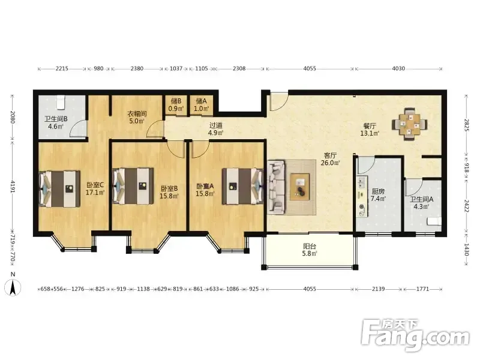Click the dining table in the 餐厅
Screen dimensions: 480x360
[x=410, y=124]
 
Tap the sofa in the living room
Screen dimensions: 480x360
[x=277, y=187]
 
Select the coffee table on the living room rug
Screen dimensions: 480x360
[x=299, y=187]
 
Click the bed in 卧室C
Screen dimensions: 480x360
[x=59, y=189]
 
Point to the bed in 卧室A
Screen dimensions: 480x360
[x=243, y=186]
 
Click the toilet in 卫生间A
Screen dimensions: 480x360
[x=434, y=221]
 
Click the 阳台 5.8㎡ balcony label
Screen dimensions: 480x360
[x=310, y=250]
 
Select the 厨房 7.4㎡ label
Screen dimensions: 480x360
[x=378, y=194]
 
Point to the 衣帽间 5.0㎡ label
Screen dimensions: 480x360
[x=137, y=117]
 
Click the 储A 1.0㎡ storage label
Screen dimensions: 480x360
[x=201, y=104]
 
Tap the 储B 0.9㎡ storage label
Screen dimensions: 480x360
[x=176, y=104]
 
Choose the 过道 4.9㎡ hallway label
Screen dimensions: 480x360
[x=216, y=129]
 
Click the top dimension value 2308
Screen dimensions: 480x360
[x=239, y=68]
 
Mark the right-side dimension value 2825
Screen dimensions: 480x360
[x=467, y=125]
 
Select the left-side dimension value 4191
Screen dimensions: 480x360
[x=13, y=187]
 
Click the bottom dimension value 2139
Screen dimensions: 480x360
[x=379, y=289]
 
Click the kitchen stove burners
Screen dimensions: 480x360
[x=362, y=183]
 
